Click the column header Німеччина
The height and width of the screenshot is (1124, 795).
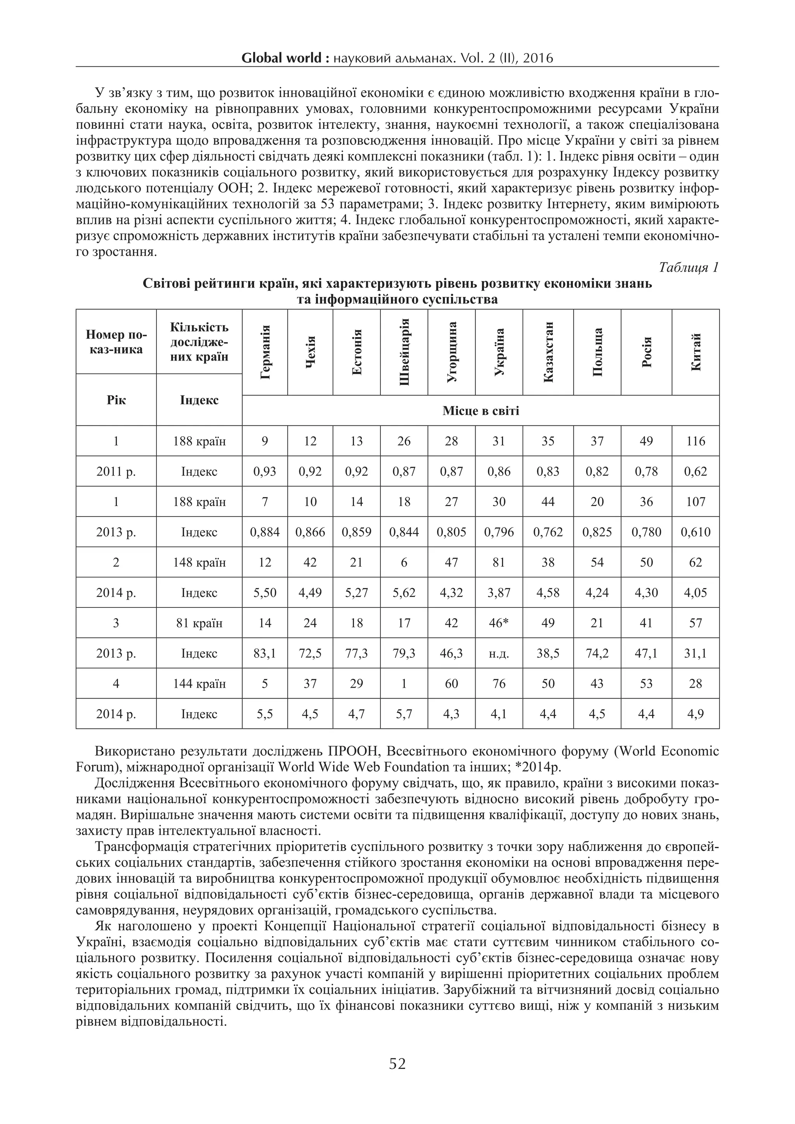coord(265,352)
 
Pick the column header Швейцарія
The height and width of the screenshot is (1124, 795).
coord(404,352)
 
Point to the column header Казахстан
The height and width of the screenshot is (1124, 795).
coord(548,352)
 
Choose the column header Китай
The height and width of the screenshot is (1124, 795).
coord(695,352)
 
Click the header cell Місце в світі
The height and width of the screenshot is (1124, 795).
coord(480,411)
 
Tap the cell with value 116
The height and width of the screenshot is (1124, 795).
coord(695,441)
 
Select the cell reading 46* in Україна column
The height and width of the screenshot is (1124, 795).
coord(499,623)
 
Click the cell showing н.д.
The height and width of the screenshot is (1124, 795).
coord(499,654)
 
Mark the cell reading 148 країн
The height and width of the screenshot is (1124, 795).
coord(199,562)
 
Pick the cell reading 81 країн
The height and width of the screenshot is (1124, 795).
coord(199,623)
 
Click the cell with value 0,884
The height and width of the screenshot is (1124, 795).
coord(265,532)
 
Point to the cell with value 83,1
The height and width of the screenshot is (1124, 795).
coord(265,654)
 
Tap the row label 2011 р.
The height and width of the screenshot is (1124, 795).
coord(116,472)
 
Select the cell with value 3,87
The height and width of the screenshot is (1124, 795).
coord(499,593)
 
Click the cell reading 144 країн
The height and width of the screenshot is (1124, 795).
coord(199,683)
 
